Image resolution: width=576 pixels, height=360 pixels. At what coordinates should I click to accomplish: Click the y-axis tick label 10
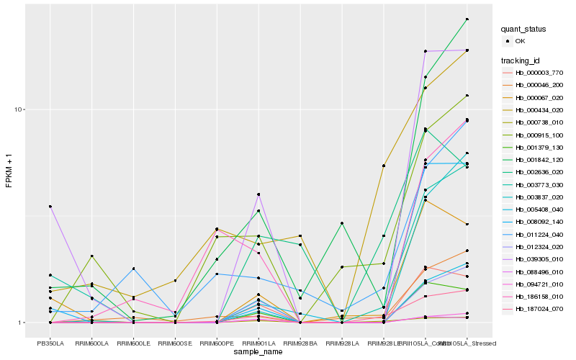click(20, 109)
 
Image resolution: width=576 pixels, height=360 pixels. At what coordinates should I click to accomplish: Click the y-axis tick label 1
click(22, 323)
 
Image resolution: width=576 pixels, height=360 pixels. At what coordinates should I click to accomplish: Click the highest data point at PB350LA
click(50, 207)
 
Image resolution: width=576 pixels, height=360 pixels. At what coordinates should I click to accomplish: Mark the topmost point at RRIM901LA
click(258, 194)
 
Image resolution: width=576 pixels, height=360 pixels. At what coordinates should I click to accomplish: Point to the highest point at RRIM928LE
click(384, 166)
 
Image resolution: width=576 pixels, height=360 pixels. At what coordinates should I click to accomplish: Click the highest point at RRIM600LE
click(133, 269)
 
